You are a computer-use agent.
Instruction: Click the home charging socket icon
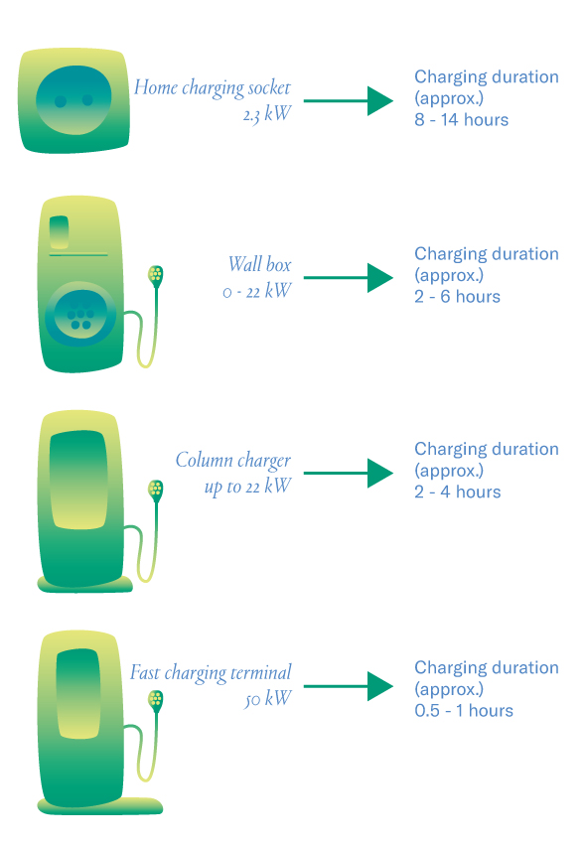pos(74,100)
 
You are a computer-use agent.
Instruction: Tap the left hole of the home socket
pos(61,101)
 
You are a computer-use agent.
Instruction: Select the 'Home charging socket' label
pos(212,87)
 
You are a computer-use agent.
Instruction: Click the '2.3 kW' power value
pos(267,114)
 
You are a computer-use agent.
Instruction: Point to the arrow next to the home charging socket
pos(349,100)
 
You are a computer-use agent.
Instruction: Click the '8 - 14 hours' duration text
pos(461,119)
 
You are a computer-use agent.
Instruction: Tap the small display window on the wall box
pos(59,232)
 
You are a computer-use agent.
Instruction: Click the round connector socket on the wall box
pos(80,314)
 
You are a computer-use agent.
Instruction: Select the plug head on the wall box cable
pos(156,276)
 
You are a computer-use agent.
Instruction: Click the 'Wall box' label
pos(260,264)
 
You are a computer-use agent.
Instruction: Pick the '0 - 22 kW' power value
pos(256,291)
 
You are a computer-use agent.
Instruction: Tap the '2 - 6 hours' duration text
pos(458,297)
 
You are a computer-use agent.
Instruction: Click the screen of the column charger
pos(78,479)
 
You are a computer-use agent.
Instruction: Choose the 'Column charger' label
pos(233,460)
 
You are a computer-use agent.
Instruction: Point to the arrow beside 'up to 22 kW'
pos(349,473)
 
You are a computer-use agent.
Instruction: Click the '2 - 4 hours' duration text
pos(458,492)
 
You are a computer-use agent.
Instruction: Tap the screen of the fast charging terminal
pos(78,693)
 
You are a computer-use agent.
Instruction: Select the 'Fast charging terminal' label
pos(211,673)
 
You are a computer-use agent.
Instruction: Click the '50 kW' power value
pos(267,699)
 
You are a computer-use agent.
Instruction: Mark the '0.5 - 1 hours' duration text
pos(464,711)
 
